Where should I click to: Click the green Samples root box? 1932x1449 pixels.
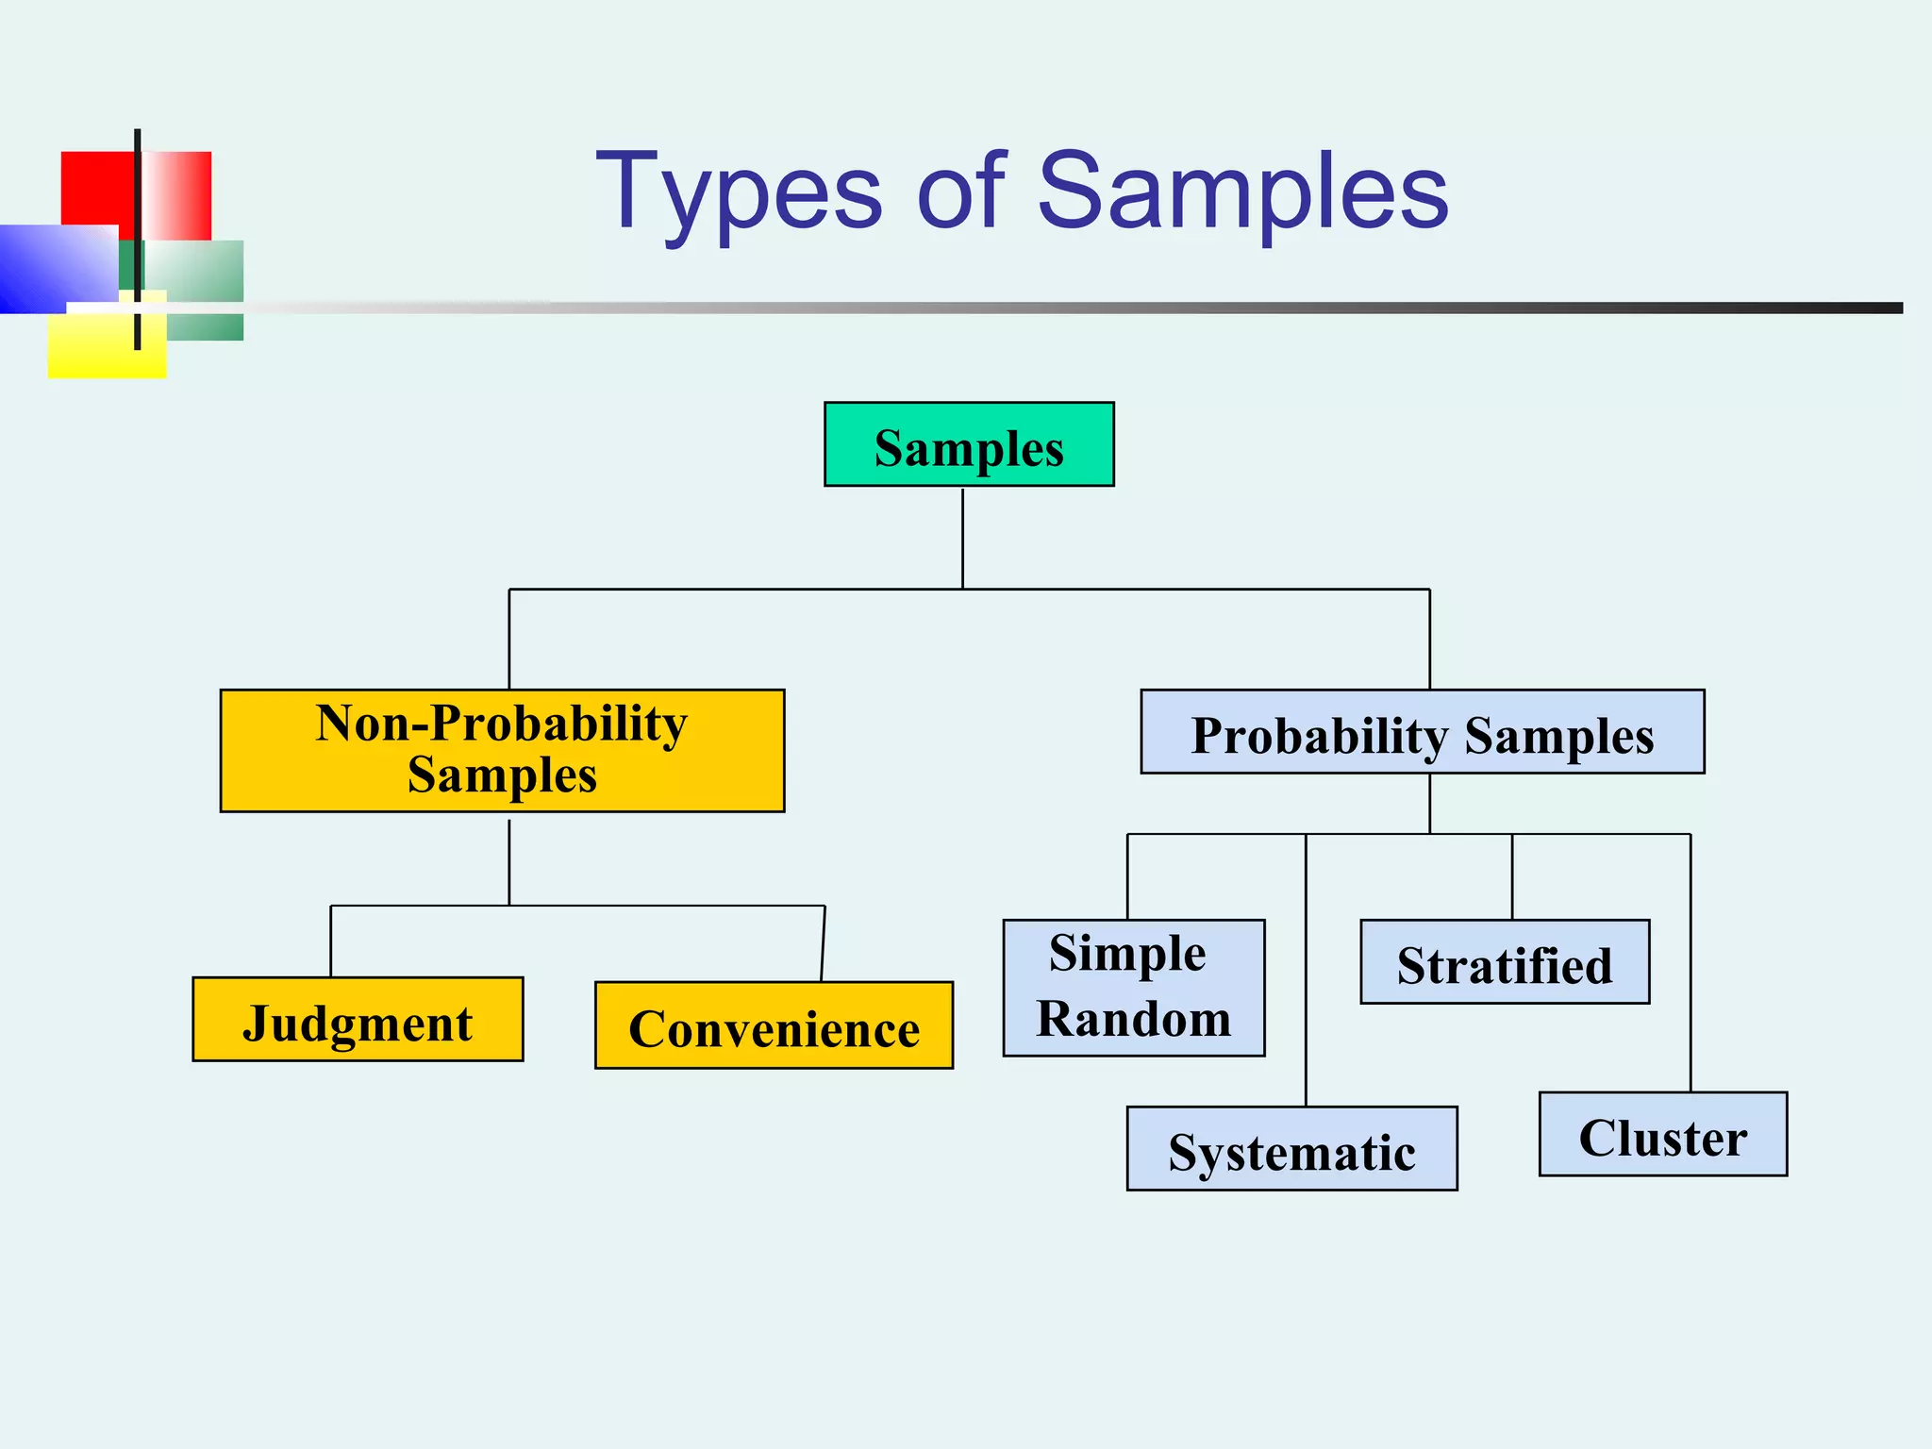pos(969,444)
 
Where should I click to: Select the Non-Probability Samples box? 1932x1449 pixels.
pos(502,750)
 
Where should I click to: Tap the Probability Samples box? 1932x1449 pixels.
pos(1422,732)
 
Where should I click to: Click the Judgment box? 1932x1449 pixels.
pos(358,1019)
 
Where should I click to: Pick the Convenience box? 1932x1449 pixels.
pos(774,1024)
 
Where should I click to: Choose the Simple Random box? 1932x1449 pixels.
pos(1133,987)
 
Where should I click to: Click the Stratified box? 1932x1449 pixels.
pos(1505,961)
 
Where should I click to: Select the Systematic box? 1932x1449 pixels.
pos(1291,1148)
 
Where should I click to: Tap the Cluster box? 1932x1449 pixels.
pos(1662,1134)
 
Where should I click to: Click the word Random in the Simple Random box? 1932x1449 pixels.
pos(1133,1019)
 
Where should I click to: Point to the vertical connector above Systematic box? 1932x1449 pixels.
pos(1306,972)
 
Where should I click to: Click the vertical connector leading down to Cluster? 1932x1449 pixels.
pos(1690,962)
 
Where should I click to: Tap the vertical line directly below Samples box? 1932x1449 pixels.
pos(962,538)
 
